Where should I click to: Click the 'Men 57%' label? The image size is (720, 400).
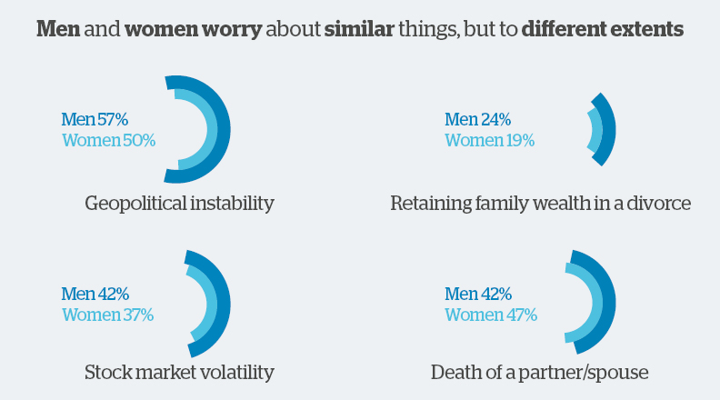[95, 119]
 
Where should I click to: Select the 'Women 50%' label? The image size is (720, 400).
[109, 141]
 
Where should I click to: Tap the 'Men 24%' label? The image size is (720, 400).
[477, 119]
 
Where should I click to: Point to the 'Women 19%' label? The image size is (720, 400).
[489, 141]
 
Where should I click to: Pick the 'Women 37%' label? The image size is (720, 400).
[107, 315]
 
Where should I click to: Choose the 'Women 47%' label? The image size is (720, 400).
[491, 315]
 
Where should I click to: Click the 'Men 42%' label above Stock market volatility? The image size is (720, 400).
[95, 294]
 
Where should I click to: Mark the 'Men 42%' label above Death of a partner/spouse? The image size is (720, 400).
[478, 294]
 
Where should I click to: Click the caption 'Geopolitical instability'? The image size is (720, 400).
[179, 203]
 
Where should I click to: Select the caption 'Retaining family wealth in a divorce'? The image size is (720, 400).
[540, 203]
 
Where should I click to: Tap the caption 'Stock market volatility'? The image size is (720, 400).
[179, 372]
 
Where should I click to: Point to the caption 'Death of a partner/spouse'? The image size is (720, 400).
[540, 372]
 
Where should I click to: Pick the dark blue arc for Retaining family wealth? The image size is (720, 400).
[610, 129]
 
